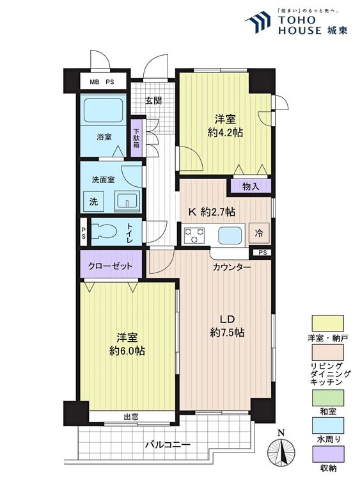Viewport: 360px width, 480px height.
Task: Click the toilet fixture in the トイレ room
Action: click(105, 232)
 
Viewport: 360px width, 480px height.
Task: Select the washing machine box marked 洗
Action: click(93, 202)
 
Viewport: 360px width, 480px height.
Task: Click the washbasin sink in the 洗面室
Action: click(127, 202)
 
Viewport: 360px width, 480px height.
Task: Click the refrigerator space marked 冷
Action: click(259, 233)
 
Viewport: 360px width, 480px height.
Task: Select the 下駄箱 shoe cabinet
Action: click(137, 138)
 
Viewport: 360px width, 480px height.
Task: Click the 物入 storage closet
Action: click(251, 186)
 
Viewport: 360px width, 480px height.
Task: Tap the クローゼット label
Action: click(110, 266)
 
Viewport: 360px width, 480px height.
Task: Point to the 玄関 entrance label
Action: click(153, 100)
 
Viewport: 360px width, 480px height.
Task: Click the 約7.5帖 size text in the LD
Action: click(227, 332)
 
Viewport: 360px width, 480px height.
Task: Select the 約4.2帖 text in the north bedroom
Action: click(226, 132)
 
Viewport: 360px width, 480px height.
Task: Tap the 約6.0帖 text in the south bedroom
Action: click(127, 351)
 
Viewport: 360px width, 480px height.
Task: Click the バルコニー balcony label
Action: click(168, 444)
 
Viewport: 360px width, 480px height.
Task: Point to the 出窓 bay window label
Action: click(131, 417)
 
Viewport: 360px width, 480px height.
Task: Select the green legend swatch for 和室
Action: click(327, 397)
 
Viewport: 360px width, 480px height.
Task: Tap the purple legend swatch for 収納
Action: click(327, 454)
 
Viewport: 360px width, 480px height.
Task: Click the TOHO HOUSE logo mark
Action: click(258, 21)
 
